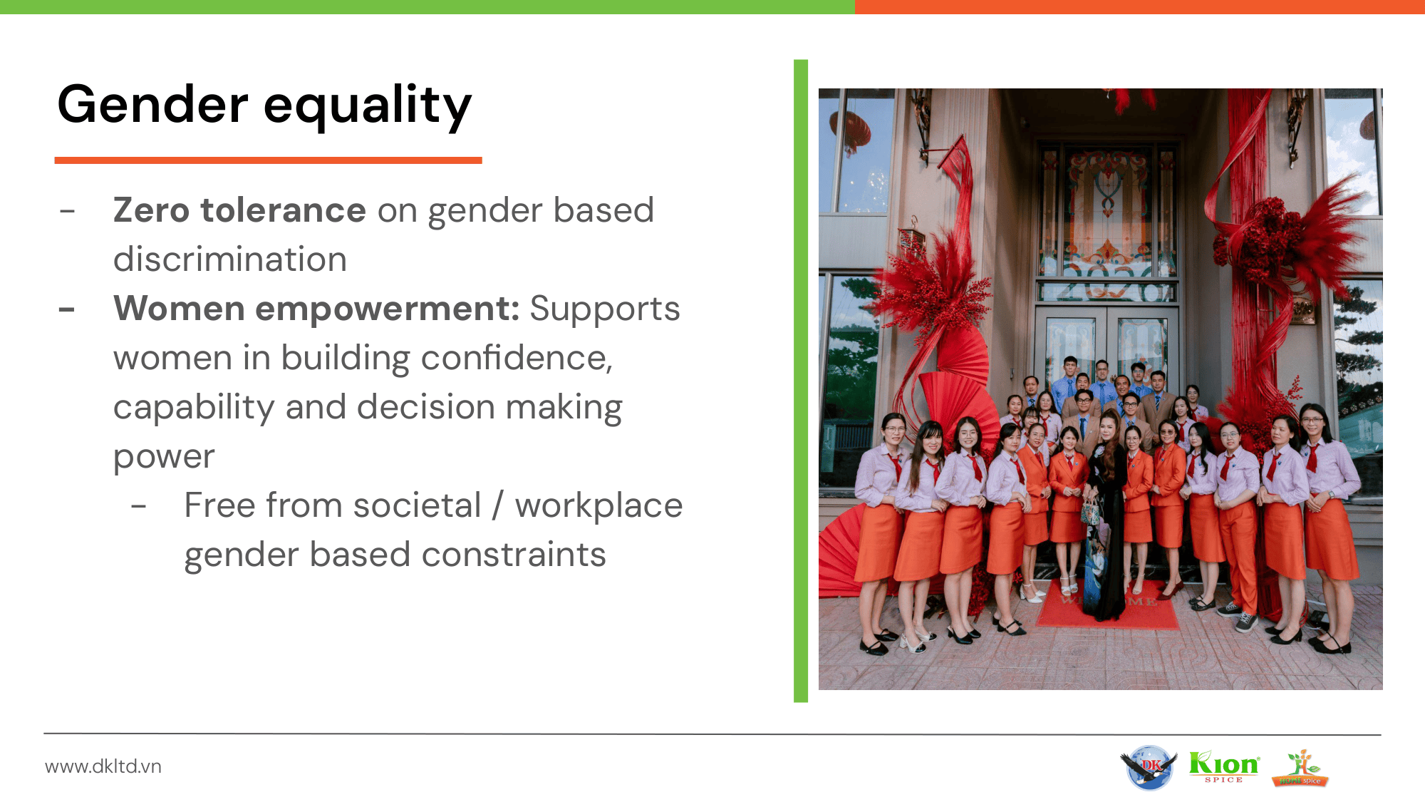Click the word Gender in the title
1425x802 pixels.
[152, 104]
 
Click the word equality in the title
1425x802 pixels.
[368, 108]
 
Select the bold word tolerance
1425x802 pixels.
[284, 210]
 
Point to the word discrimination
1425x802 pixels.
[230, 259]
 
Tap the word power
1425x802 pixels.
[164, 458]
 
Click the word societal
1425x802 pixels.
[418, 505]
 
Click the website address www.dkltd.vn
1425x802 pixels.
[103, 766]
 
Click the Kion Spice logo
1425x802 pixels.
[1224, 766]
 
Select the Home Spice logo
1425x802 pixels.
[1300, 768]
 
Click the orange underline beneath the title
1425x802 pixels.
[269, 160]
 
